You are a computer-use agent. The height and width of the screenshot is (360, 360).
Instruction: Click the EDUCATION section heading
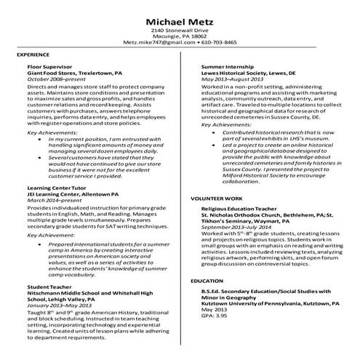point(207,280)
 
